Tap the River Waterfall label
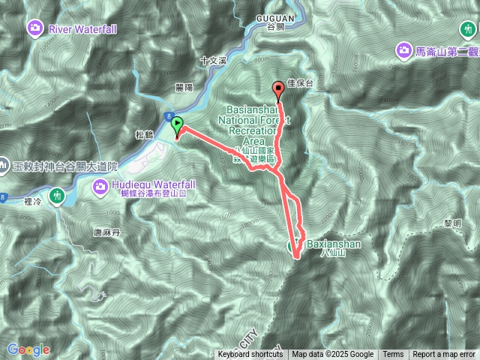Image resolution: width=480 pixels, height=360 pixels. click(x=82, y=29)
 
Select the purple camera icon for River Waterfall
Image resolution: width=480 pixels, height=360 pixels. click(x=34, y=29)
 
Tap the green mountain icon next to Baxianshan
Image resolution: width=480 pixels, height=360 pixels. click(x=295, y=244)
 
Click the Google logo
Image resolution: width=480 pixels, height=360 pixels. click(x=29, y=349)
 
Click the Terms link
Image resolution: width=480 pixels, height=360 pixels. click(x=393, y=355)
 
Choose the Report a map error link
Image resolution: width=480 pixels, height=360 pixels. click(x=444, y=355)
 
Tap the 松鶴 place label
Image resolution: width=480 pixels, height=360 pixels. click(x=144, y=135)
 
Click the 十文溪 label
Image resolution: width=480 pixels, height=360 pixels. click(x=213, y=59)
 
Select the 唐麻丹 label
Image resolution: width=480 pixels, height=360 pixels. click(x=107, y=232)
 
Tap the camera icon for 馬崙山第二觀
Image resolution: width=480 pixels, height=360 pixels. click(x=403, y=50)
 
